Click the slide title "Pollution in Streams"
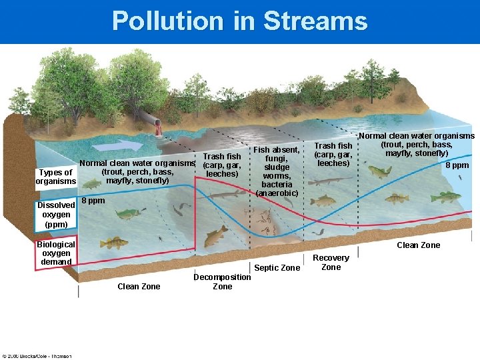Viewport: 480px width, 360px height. [239, 21]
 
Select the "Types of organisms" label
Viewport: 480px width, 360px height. [56, 177]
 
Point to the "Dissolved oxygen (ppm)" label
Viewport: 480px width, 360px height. [56, 215]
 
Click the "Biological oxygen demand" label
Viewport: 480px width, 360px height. [56, 253]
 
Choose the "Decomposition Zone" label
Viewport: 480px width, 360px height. [222, 281]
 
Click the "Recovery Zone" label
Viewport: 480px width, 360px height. [331, 262]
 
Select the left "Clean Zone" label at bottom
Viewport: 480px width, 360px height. [138, 286]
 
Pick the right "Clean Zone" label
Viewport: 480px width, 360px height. [418, 245]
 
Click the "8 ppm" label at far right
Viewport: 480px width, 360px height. [457, 165]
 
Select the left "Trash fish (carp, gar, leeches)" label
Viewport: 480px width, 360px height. [222, 165]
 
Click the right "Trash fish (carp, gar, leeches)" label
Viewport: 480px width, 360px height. [333, 155]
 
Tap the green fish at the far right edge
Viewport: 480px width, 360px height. [445, 197]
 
